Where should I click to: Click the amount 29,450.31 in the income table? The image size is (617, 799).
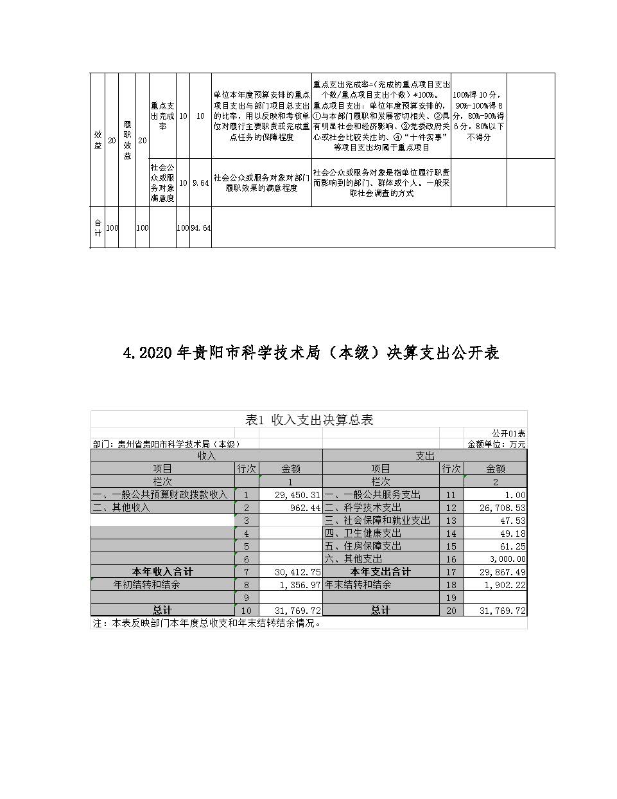[297, 495]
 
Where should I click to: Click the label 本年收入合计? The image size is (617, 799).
[162, 571]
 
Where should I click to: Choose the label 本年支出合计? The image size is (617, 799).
[380, 571]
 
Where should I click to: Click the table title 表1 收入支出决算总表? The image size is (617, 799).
[309, 420]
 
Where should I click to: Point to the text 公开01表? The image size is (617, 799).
[508, 434]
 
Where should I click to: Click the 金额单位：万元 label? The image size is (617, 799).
[496, 444]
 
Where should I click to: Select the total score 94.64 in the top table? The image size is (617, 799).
[200, 228]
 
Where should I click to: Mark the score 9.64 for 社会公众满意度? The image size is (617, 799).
[200, 183]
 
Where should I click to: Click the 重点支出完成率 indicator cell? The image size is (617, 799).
[162, 116]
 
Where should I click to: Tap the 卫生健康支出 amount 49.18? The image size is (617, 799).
[512, 534]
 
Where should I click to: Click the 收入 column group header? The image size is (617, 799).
[206, 456]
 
